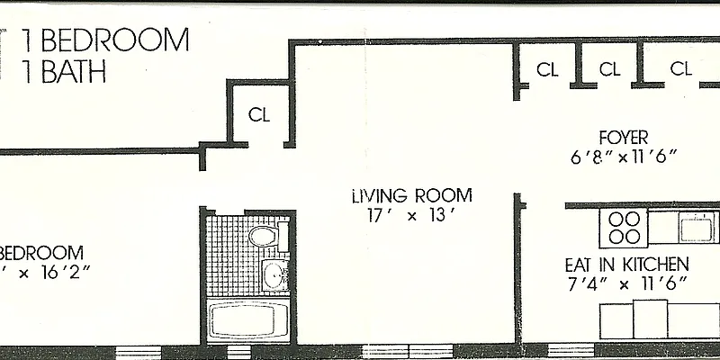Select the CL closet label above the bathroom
(x=259, y=114)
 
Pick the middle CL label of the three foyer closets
(x=609, y=68)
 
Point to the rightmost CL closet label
(x=680, y=68)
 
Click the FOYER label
(x=624, y=138)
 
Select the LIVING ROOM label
(x=411, y=196)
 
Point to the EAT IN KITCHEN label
(x=626, y=265)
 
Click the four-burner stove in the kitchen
(x=624, y=227)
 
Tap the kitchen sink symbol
(x=697, y=226)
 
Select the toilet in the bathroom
(x=264, y=238)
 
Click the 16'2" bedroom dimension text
(x=58, y=270)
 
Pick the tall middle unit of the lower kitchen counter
(x=651, y=320)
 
